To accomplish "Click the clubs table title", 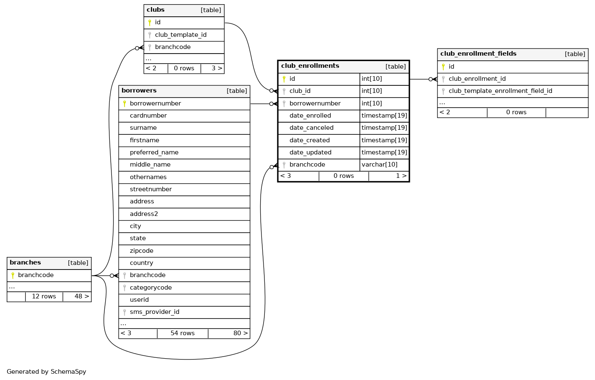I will tap(155, 10).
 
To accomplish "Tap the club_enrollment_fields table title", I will tap(478, 54).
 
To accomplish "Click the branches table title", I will tap(25, 263).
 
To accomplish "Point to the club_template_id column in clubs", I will tap(181, 35).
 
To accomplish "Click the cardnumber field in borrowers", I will tap(148, 116).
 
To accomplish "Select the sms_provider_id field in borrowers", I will tap(155, 312).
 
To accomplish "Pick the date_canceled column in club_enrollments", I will tap(311, 128).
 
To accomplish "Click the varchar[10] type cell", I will tap(380, 165).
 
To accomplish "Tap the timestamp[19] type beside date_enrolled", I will tap(384, 116).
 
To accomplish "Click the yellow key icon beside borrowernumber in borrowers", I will tap(124, 104).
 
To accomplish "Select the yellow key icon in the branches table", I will tap(13, 275).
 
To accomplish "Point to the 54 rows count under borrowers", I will tap(183, 334).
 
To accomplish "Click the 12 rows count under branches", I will tap(44, 297).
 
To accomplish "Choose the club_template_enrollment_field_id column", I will tap(500, 91).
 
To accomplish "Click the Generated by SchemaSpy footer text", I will tap(47, 372).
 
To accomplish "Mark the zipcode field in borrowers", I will tap(142, 251).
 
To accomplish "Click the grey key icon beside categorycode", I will tap(124, 288).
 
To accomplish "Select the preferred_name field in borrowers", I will tap(154, 153).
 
